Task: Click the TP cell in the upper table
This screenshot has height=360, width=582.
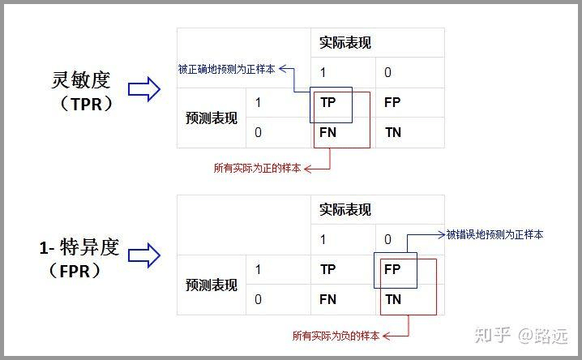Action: coord(327,103)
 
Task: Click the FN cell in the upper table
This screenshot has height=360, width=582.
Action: coord(327,131)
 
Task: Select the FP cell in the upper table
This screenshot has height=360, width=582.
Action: coord(392,103)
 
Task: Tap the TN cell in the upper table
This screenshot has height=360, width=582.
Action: coord(392,131)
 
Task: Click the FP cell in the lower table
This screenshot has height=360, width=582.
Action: coord(392,269)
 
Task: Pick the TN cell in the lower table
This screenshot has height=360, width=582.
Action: coord(392,298)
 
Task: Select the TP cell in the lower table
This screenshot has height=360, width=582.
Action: coord(327,269)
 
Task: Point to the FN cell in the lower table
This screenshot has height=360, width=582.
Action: coord(327,298)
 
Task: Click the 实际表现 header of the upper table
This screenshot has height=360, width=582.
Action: coord(345,43)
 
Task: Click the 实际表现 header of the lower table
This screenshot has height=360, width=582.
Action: coord(345,210)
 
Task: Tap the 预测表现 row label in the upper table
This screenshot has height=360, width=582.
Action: coord(211,118)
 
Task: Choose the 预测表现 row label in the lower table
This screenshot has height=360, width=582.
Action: coord(211,285)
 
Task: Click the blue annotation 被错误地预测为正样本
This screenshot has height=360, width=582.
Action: coord(494,234)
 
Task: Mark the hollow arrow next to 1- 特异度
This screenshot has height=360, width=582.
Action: coord(145,257)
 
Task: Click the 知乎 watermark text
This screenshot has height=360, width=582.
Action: coord(492,334)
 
